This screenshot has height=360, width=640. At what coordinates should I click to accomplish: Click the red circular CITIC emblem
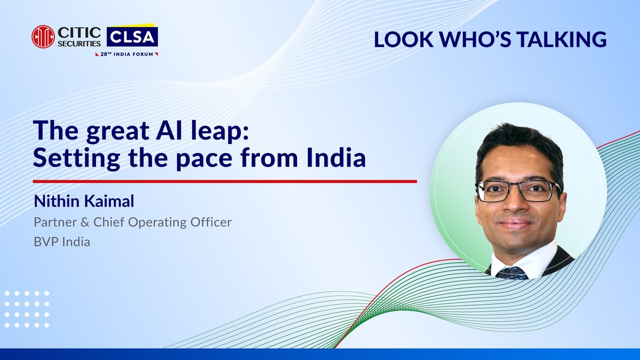pyautogui.click(x=43, y=37)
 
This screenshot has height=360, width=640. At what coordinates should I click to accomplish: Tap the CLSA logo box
pyautogui.click(x=132, y=36)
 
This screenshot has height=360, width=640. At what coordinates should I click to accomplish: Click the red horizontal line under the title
pyautogui.click(x=224, y=181)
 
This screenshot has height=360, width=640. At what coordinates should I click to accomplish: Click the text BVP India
pyautogui.click(x=61, y=242)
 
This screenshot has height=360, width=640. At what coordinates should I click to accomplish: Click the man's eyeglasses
pyautogui.click(x=517, y=191)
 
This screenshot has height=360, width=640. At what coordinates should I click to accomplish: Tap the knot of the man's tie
pyautogui.click(x=513, y=273)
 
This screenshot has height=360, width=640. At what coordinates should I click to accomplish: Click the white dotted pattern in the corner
pyautogui.click(x=27, y=309)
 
